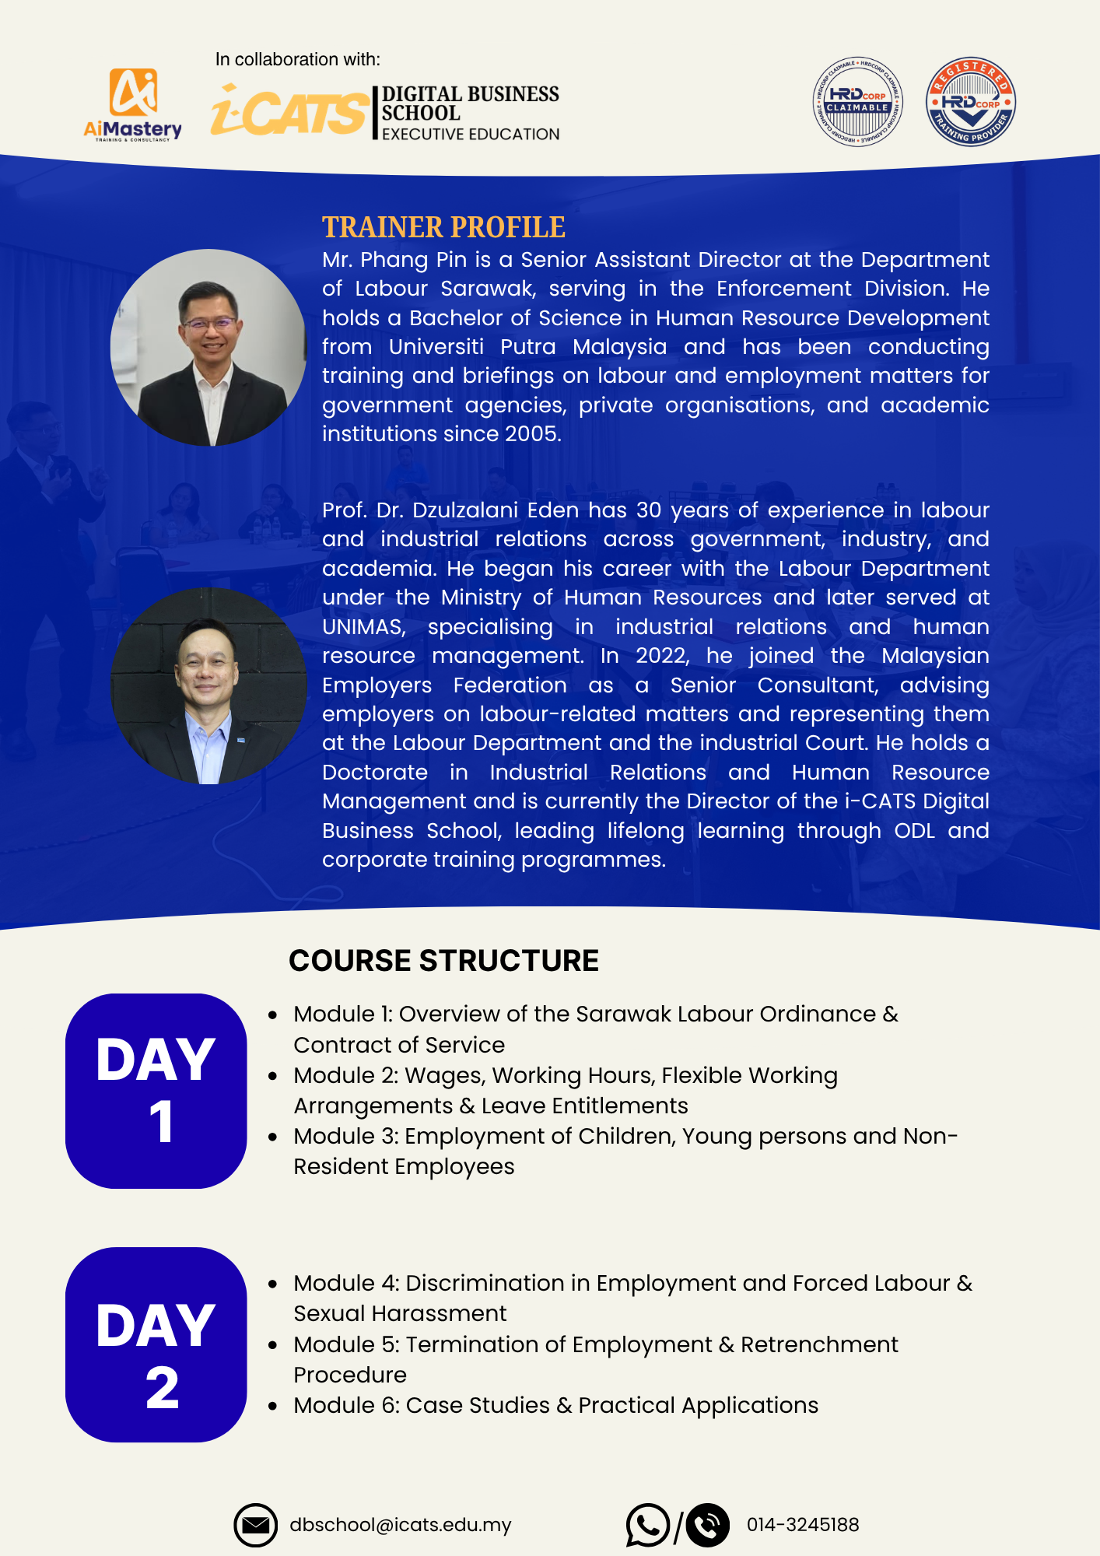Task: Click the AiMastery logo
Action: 133,104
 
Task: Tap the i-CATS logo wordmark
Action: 290,110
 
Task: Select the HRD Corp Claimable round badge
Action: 857,102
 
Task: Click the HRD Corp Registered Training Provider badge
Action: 970,102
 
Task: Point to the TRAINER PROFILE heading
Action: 443,227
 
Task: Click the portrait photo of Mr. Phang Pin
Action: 208,348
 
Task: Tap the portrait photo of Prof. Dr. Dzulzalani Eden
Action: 208,686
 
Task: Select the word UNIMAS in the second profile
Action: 363,627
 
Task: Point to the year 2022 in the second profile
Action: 661,656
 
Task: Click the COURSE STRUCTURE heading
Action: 443,961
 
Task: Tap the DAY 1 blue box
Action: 156,1091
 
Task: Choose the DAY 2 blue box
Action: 156,1344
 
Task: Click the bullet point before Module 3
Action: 272,1137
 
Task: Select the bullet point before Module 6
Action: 272,1406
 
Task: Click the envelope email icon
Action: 255,1526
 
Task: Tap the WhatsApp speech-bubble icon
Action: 647,1525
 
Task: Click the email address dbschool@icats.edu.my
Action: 401,1525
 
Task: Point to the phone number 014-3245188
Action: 803,1525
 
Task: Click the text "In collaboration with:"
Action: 298,59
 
